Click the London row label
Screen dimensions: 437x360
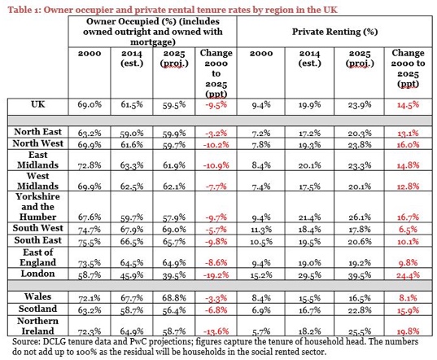(37, 274)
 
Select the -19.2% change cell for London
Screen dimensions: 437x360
(216, 275)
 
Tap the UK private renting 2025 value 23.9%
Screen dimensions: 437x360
(360, 105)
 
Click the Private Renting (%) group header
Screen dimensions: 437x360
(334, 32)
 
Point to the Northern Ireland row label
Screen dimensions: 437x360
(37, 326)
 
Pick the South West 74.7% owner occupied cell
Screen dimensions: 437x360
(90, 230)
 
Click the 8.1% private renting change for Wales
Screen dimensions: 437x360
(408, 298)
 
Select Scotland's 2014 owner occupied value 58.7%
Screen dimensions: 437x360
(132, 310)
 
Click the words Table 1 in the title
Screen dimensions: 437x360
(24, 10)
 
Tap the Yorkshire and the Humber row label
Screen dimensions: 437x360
(37, 207)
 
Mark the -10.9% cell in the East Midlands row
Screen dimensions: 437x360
(216, 165)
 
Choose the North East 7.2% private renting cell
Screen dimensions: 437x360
(261, 134)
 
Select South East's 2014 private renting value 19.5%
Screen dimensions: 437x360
(309, 241)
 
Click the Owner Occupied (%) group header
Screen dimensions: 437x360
(153, 32)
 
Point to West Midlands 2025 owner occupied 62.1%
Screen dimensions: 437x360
(174, 186)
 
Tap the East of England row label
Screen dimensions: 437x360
(37, 257)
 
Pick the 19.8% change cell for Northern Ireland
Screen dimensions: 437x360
(408, 331)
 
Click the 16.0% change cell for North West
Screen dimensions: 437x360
(408, 145)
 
